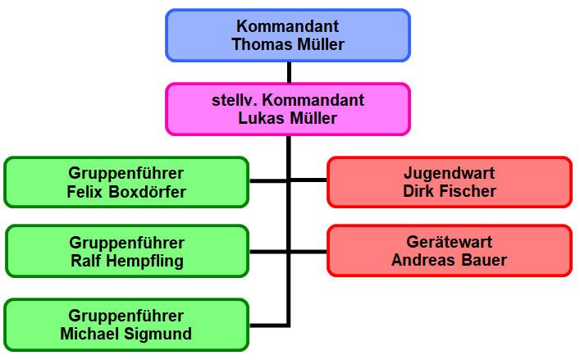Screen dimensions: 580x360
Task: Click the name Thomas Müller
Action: tap(288, 44)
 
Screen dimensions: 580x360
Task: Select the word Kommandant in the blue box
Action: tap(287, 26)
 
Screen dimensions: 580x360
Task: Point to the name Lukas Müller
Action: tap(287, 118)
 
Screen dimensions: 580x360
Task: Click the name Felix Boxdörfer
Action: tap(126, 192)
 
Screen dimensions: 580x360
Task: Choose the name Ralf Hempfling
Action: tap(127, 261)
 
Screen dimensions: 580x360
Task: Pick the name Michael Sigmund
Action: tap(126, 334)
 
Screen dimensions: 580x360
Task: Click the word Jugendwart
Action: tap(450, 173)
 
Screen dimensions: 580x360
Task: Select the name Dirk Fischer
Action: tap(450, 191)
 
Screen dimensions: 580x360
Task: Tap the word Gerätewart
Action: tap(450, 242)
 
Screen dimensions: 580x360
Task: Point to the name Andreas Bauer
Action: tap(449, 260)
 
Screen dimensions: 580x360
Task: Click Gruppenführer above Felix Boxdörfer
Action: tap(126, 173)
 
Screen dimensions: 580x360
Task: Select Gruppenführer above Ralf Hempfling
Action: tap(126, 243)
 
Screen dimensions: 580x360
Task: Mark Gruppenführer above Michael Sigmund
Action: tap(126, 316)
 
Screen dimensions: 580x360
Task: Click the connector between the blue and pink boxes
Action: tap(289, 72)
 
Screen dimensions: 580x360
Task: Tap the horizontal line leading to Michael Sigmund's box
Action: tap(268, 326)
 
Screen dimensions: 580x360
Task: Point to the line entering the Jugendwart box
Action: tap(308, 180)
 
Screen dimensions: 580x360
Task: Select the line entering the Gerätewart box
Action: tap(308, 252)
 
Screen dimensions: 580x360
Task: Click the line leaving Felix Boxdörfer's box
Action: tap(268, 180)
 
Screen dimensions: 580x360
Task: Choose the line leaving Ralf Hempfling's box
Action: tap(268, 252)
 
